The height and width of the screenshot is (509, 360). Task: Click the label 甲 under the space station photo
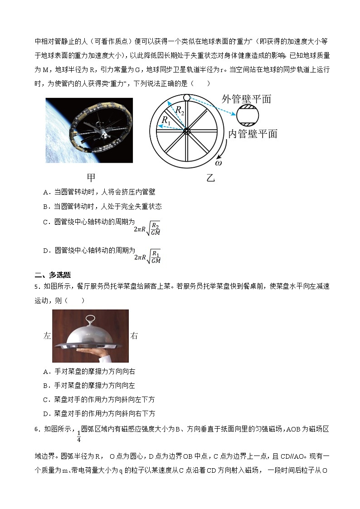[91, 177]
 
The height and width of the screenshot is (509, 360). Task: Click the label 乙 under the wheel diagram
[210, 178]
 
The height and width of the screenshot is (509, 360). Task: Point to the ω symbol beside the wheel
[219, 162]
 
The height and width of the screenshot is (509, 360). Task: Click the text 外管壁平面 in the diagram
[246, 99]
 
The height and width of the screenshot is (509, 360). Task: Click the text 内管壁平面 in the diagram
[253, 134]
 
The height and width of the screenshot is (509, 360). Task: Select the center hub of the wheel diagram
[186, 131]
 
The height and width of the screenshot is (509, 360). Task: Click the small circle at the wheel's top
[186, 98]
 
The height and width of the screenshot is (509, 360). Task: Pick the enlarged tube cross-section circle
[248, 116]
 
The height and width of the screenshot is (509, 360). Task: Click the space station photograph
[89, 130]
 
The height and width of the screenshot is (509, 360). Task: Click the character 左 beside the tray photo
[48, 336]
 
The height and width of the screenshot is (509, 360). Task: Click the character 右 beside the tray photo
[134, 336]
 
